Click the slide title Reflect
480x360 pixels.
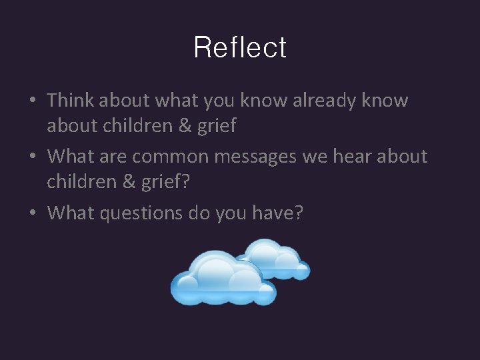[x=240, y=48]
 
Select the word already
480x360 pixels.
[x=319, y=101]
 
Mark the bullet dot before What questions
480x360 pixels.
[x=33, y=214]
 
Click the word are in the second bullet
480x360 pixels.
[x=114, y=157]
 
